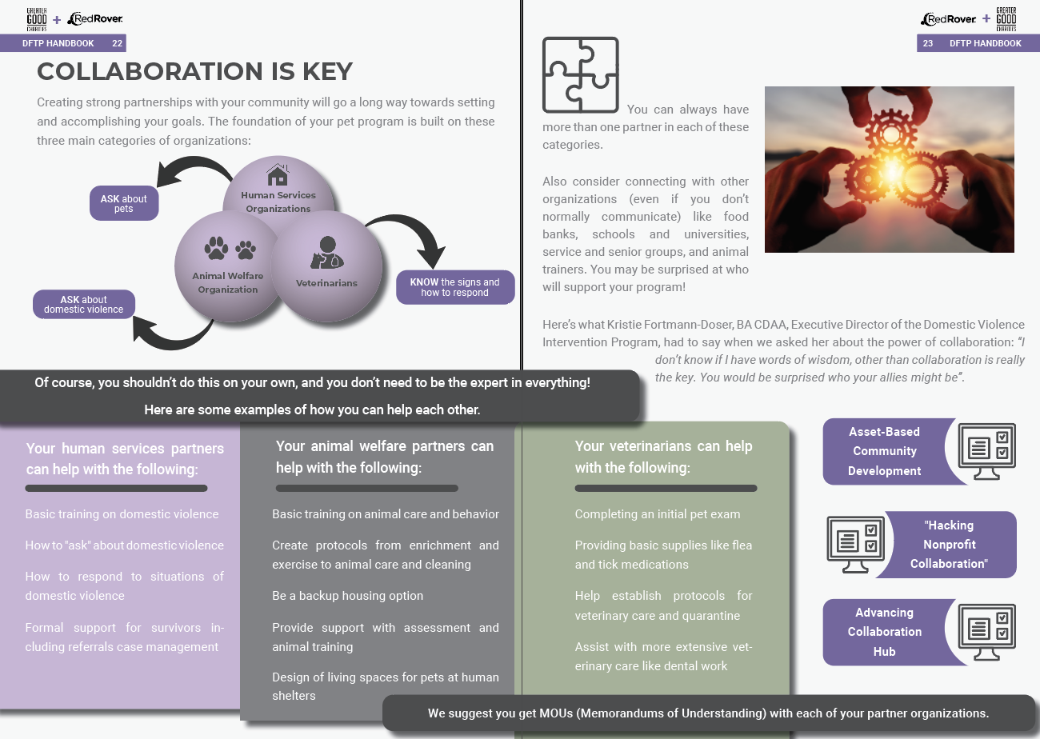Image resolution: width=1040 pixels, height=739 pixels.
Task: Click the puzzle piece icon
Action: click(580, 74)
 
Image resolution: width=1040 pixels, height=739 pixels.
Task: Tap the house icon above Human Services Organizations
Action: click(278, 174)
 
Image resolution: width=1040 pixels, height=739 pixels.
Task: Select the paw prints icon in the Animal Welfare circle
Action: click(230, 249)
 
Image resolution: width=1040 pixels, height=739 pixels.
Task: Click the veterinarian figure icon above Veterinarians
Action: click(327, 253)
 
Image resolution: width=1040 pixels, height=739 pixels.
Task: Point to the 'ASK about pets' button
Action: click(124, 203)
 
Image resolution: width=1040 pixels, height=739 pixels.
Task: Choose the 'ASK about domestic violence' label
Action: click(84, 305)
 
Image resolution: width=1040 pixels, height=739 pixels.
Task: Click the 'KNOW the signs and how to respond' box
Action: click(455, 287)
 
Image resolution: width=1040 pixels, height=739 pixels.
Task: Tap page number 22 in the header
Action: click(117, 43)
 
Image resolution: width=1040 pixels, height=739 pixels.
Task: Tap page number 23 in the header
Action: click(928, 43)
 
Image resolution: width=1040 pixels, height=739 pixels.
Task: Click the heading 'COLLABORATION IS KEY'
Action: click(195, 71)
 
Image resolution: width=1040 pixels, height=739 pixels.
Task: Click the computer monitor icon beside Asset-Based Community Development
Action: click(987, 451)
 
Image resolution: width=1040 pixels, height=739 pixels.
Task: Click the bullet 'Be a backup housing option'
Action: click(348, 596)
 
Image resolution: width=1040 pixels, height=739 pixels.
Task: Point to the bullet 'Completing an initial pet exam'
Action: click(658, 514)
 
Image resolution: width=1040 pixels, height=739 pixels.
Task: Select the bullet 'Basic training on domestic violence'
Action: click(122, 514)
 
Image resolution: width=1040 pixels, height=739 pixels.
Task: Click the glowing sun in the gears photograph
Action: click(891, 172)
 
